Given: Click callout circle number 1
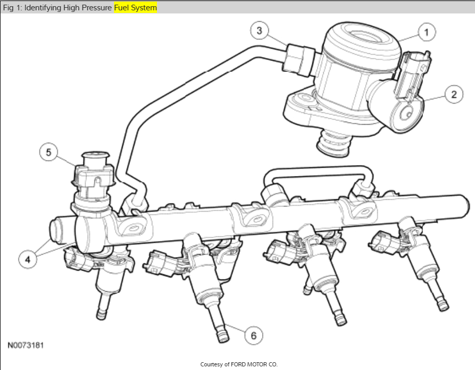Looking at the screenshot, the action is click(x=426, y=32).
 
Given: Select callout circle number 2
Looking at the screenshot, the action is click(x=453, y=94).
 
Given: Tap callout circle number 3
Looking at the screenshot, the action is click(x=260, y=30).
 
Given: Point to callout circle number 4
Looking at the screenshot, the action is click(x=27, y=259).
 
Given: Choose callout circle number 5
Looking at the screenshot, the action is click(x=49, y=152).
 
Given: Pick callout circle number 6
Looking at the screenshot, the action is click(x=253, y=335).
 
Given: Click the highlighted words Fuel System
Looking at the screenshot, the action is click(x=135, y=8).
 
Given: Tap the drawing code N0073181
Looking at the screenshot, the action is click(x=26, y=345).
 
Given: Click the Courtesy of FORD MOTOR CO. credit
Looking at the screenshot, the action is click(x=239, y=364).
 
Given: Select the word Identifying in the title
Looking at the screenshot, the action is click(x=42, y=8).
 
